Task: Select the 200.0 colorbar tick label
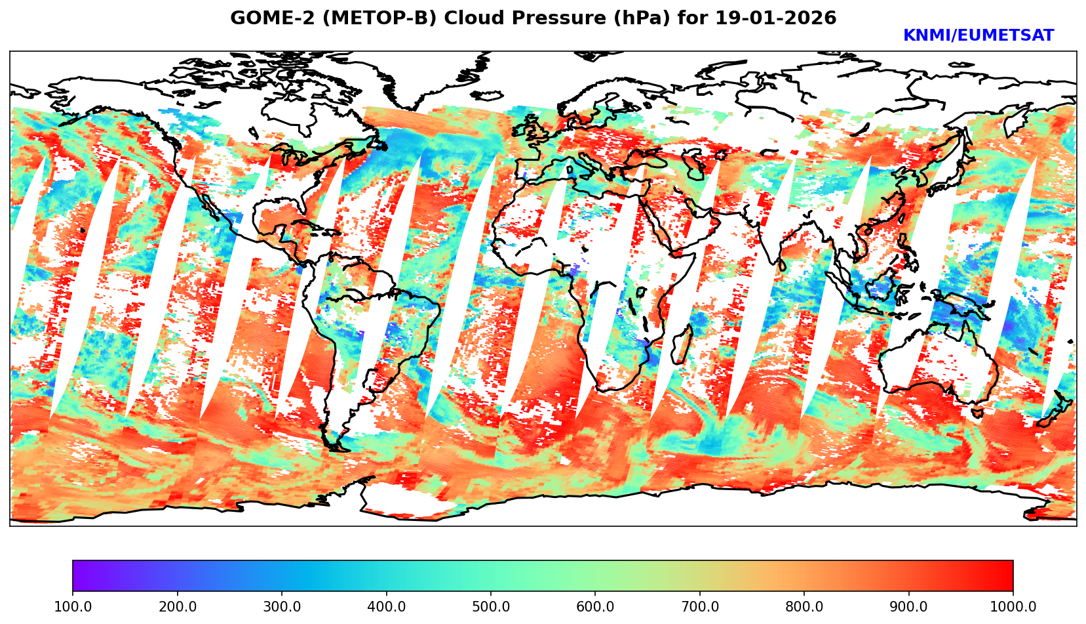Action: click(177, 606)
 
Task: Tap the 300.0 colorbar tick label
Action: click(281, 606)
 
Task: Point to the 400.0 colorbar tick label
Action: click(386, 606)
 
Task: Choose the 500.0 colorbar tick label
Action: click(490, 606)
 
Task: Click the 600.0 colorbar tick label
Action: click(595, 606)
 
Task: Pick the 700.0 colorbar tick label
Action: click(699, 606)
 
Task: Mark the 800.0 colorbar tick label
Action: click(804, 606)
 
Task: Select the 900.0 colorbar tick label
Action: click(908, 606)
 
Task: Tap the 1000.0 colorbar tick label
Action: click(1013, 606)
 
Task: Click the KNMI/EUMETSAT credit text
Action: click(978, 36)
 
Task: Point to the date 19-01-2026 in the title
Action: click(776, 18)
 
